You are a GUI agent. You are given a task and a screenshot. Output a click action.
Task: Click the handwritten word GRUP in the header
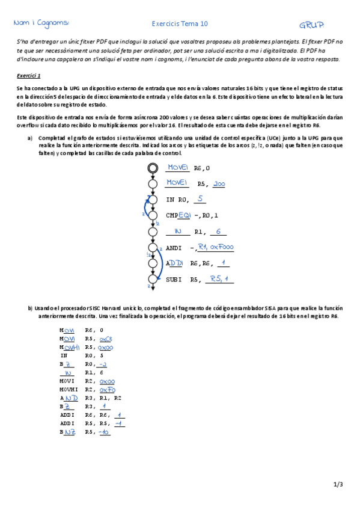tap(311, 25)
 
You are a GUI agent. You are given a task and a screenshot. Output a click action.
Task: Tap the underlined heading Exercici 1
tap(29, 76)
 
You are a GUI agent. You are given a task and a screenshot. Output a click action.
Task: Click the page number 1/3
tap(338, 484)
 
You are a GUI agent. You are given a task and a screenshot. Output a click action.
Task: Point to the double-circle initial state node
tap(153, 168)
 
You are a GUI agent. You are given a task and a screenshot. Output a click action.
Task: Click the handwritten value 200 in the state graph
tap(219, 183)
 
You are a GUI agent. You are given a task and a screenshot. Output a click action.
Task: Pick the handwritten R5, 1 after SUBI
tap(219, 278)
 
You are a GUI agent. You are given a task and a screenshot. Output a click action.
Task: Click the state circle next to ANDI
tap(153, 247)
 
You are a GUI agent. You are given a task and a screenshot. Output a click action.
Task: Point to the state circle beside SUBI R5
tap(153, 279)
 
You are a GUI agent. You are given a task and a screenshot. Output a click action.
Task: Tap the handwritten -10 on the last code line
tap(105, 432)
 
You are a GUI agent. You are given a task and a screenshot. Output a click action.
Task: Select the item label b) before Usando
tap(29, 308)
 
